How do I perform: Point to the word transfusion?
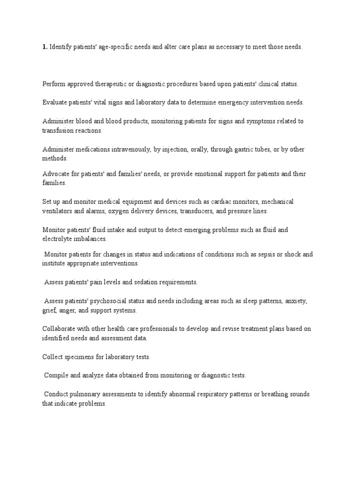tap(58, 131)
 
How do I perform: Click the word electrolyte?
tap(58, 239)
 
